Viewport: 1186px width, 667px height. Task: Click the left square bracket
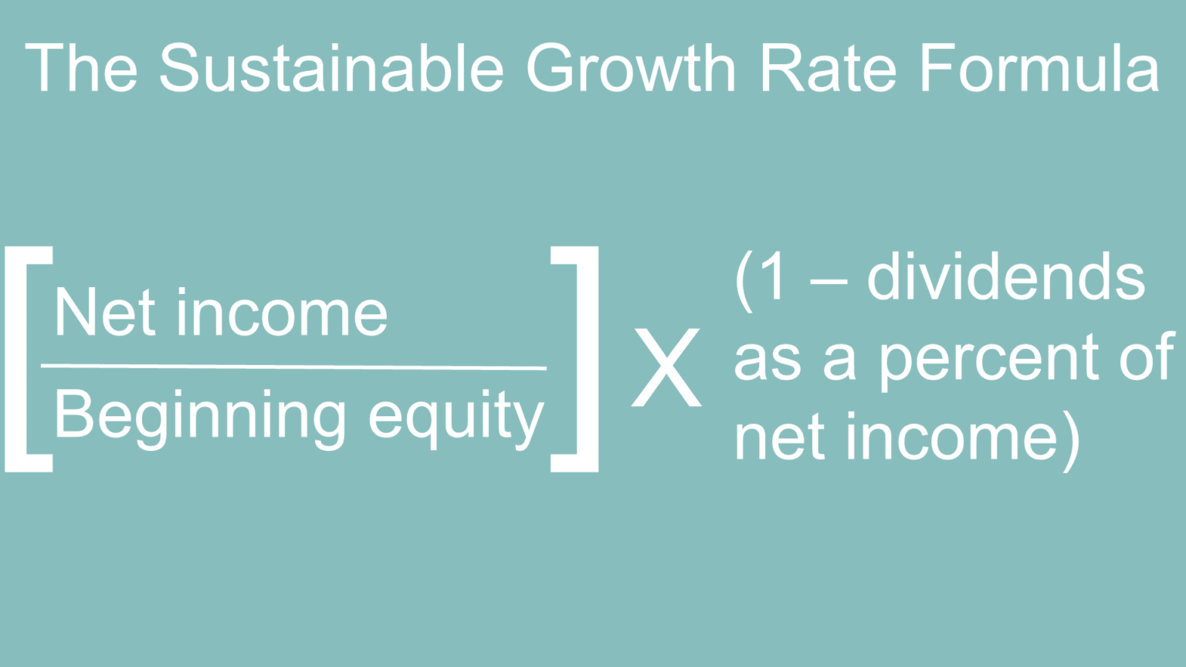pyautogui.click(x=28, y=359)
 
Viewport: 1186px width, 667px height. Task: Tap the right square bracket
pyautogui.click(x=576, y=359)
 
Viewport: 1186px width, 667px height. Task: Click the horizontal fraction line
pyautogui.click(x=293, y=367)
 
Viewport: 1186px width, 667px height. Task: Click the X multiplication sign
pyautogui.click(x=666, y=367)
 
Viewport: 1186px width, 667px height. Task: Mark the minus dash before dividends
pyautogui.click(x=828, y=282)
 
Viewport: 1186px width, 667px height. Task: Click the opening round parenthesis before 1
pyautogui.click(x=744, y=281)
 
